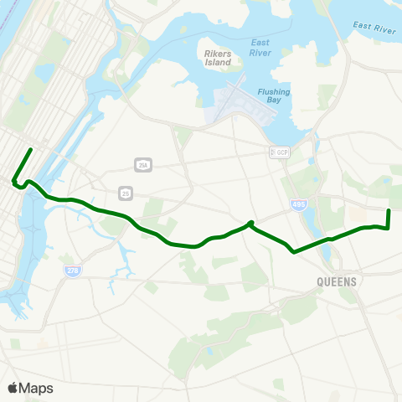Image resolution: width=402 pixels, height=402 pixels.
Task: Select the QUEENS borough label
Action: tap(338, 281)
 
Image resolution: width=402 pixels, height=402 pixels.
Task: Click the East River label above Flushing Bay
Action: tap(260, 47)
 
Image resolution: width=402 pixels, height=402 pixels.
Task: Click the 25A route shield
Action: tap(143, 164)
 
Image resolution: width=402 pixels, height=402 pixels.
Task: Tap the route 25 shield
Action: tap(125, 193)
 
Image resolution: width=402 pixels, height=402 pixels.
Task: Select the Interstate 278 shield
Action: tap(72, 271)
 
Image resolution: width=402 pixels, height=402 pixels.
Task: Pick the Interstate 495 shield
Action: tap(299, 204)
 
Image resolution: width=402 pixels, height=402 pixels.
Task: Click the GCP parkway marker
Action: tap(278, 152)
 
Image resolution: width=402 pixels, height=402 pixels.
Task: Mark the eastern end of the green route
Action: tap(389, 210)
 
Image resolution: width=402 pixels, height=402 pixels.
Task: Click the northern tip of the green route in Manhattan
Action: tap(31, 150)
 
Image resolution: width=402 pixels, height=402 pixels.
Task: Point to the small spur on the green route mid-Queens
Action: tap(250, 223)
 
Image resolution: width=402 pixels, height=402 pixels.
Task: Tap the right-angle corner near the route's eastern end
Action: tap(389, 227)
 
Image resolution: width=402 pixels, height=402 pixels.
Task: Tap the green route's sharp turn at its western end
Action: tap(13, 180)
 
